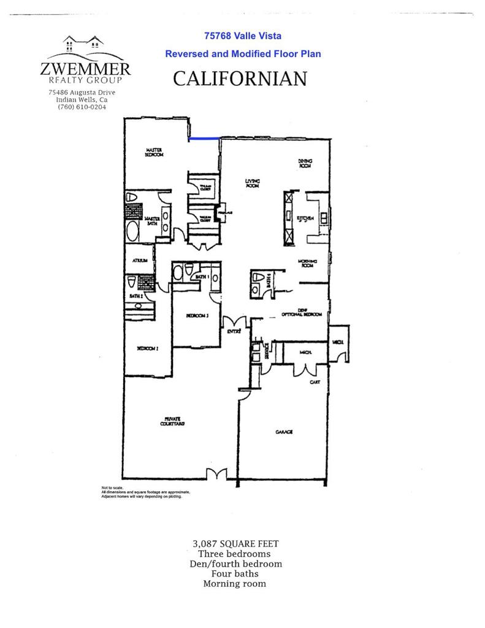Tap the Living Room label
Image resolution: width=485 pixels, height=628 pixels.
253,183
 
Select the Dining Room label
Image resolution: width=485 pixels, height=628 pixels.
305,163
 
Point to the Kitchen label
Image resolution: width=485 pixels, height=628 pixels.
306,218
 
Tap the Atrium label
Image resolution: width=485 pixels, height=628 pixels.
140,261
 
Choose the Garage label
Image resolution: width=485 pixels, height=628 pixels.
284,432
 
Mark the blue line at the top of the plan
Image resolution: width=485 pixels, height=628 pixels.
204,139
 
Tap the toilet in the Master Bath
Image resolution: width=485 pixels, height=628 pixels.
131,199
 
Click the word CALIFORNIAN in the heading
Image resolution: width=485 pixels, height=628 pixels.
240,78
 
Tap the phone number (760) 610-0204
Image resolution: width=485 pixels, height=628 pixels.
82,107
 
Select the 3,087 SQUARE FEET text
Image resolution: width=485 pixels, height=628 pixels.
236,543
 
